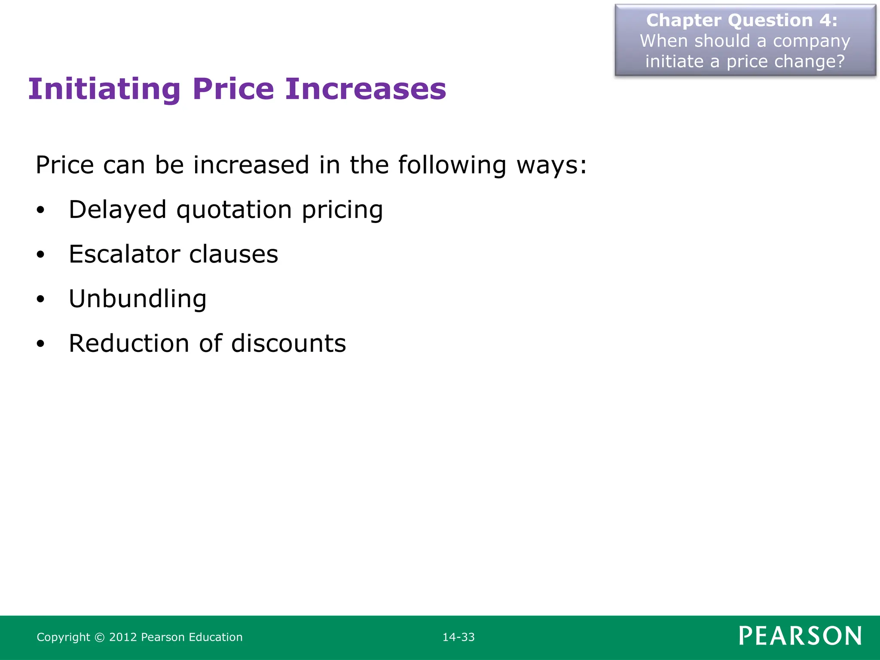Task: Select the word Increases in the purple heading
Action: click(366, 89)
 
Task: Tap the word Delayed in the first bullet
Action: click(117, 210)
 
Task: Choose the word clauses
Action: click(234, 254)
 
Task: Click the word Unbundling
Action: click(137, 299)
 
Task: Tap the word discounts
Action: click(288, 343)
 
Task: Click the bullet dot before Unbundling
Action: click(40, 299)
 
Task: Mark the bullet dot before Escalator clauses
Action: click(40, 255)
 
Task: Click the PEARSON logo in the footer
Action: click(800, 636)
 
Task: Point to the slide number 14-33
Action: click(458, 637)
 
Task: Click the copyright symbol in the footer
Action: click(99, 637)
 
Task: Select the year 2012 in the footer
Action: click(122, 637)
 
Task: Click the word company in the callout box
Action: click(811, 42)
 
